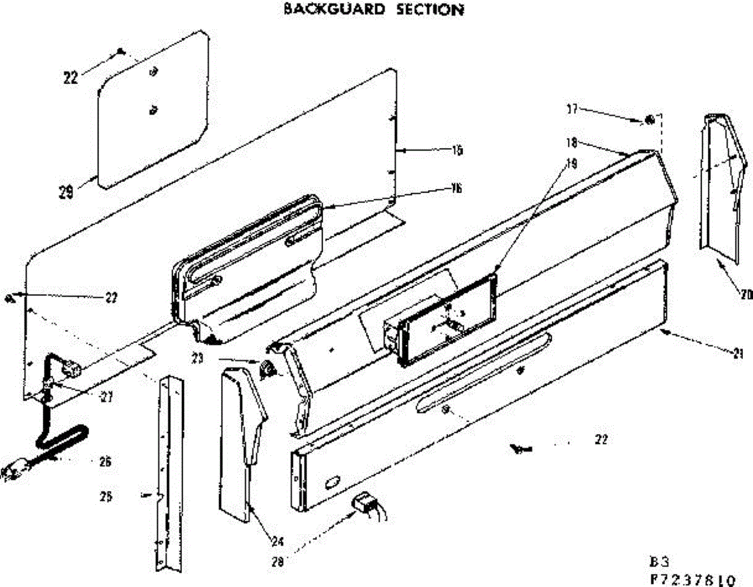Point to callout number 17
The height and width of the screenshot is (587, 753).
pyautogui.click(x=572, y=110)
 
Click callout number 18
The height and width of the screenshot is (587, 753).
pyautogui.click(x=572, y=142)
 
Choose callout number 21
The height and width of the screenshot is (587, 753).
pyautogui.click(x=746, y=352)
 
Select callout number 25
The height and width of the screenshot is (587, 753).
pyautogui.click(x=106, y=497)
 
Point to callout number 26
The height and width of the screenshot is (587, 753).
pyautogui.click(x=104, y=462)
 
